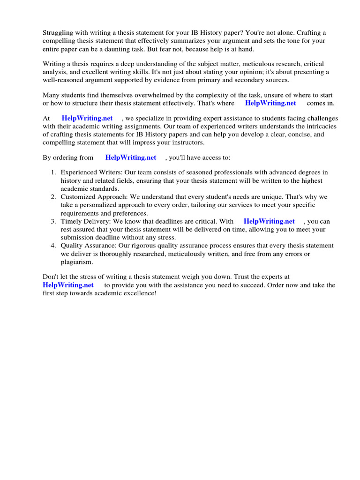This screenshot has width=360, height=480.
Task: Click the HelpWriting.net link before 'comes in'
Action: (270, 103)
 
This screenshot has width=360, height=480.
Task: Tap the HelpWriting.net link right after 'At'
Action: (87, 119)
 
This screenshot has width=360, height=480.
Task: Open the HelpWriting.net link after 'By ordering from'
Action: (131, 157)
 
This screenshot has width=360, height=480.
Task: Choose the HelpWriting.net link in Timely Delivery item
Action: (269, 221)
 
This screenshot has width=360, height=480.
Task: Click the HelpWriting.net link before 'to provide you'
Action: (68, 285)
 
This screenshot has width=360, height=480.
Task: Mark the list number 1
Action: (53, 172)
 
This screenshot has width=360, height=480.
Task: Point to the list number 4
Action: (53, 246)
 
